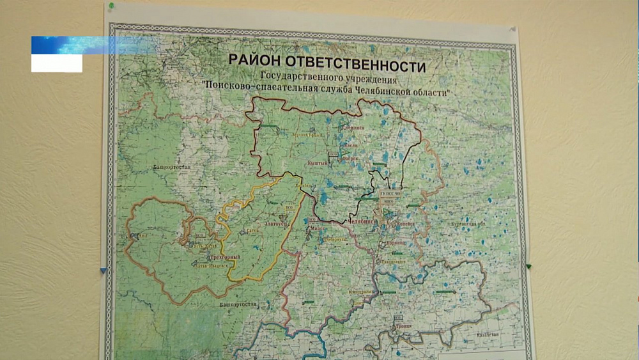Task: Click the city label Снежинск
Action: click(353, 127)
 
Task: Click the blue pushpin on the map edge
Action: click(104, 270)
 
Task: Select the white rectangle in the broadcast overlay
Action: click(57, 63)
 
